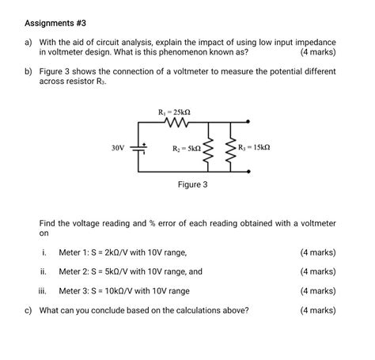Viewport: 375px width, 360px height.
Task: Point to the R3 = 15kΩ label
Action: coord(255,147)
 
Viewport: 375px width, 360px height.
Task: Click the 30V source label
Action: coord(119,148)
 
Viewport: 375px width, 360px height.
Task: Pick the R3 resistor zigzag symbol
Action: coord(231,148)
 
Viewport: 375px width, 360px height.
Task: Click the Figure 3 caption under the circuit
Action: coord(192,184)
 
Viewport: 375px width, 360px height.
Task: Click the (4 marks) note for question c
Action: coord(318,310)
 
